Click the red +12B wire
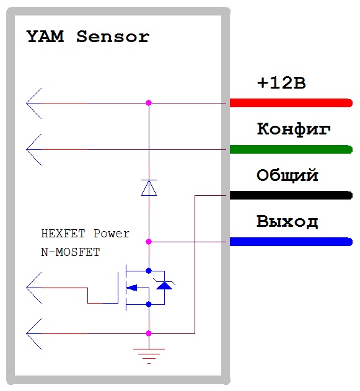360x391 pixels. (291, 103)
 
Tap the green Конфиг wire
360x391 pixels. (291, 149)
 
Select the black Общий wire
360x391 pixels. (291, 195)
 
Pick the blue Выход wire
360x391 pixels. (291, 242)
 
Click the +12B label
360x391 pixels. (281, 83)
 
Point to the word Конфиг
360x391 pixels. (294, 129)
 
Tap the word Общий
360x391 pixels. (288, 175)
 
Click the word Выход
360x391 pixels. (288, 221)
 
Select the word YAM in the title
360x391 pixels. (45, 37)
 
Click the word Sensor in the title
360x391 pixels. (113, 37)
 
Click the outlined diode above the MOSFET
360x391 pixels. (149, 188)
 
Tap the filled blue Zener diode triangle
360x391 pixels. (164, 285)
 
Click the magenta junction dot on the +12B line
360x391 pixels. (149, 103)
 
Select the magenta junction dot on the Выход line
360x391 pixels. (149, 242)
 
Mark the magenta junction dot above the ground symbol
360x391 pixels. (149, 333)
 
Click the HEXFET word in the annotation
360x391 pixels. (63, 234)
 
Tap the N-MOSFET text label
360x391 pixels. (71, 252)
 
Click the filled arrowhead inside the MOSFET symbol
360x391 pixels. (132, 288)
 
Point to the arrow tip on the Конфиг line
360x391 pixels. (27, 149)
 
